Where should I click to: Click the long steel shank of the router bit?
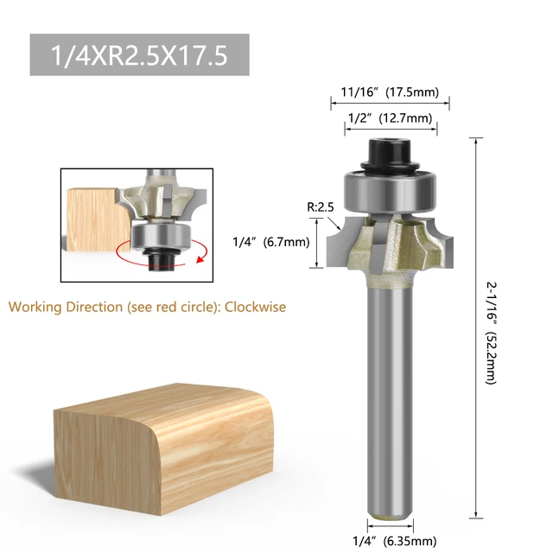[x=390, y=397]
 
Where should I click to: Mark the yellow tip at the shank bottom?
[x=390, y=521]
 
